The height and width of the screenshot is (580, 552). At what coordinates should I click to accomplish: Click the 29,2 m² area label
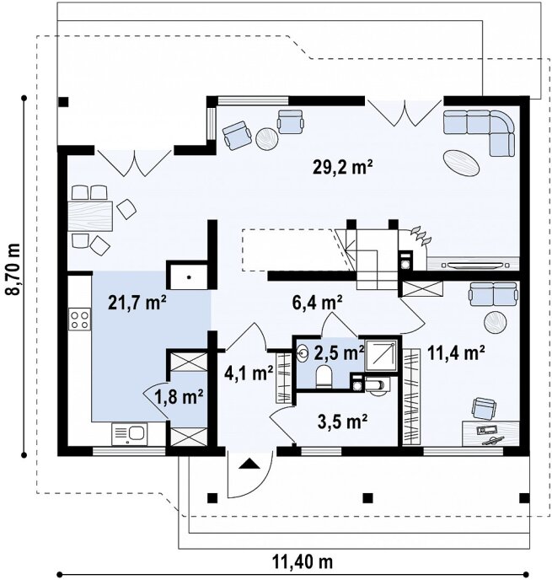point(342,168)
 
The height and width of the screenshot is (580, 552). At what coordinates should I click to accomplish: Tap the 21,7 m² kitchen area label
point(137,303)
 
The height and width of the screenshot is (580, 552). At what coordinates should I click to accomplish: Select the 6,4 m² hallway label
point(317,303)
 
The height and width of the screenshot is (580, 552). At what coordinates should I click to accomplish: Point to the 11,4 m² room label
point(456,353)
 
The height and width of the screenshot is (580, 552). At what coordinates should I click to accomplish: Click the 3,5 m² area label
point(342,422)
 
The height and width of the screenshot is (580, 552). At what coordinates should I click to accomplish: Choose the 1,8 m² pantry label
point(179,397)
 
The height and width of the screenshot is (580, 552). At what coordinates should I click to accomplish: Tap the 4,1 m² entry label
point(249,373)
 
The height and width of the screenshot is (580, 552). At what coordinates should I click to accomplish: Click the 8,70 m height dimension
point(13,269)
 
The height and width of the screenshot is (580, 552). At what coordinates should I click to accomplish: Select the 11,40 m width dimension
point(303,562)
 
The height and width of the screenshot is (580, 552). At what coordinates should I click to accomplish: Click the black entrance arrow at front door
point(249,464)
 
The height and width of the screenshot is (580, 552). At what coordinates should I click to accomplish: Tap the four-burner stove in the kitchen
point(80,320)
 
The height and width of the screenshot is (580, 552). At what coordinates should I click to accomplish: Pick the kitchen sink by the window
point(129,434)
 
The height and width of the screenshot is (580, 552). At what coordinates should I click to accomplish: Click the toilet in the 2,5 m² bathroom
point(324,377)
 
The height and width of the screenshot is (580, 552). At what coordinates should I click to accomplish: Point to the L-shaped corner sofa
point(480,132)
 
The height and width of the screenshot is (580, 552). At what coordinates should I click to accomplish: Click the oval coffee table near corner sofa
point(461,163)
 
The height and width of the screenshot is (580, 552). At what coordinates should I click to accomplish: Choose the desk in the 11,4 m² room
point(490,433)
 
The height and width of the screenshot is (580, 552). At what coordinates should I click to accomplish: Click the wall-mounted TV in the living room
point(475,265)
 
